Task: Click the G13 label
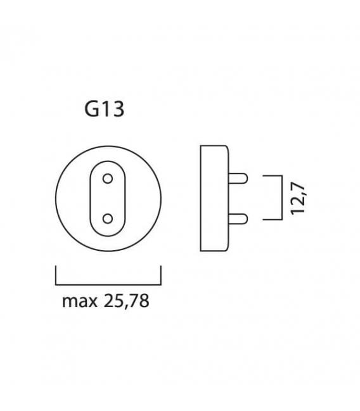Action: pos(104,110)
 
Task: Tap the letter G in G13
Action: pos(91,110)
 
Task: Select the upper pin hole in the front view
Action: pos(108,179)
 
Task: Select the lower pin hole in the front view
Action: pos(108,218)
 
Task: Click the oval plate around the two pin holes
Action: pos(90,198)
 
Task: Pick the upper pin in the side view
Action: pos(238,178)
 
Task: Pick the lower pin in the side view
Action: pos(238,219)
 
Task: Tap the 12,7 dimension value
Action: pos(298,199)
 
